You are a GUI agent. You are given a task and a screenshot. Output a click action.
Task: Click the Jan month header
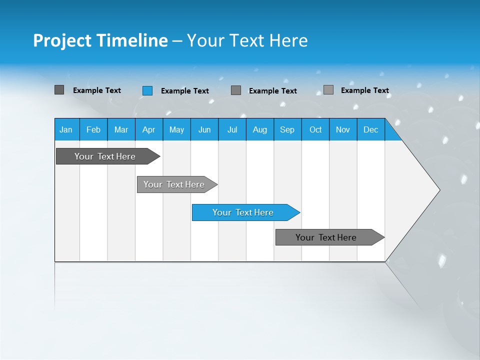[x=66, y=129]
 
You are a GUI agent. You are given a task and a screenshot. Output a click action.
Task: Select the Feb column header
[x=93, y=129]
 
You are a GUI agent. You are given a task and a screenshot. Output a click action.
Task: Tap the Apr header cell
[x=148, y=129]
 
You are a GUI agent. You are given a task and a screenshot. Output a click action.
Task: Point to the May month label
[x=176, y=129]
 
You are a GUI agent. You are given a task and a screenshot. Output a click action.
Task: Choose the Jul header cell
[x=232, y=129]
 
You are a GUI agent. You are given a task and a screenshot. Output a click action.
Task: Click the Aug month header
[x=259, y=129]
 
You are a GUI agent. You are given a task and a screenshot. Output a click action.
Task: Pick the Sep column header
[x=287, y=129]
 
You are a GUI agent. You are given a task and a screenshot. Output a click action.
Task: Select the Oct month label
[x=315, y=129]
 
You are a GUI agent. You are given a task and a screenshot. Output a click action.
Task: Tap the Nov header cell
[x=343, y=129]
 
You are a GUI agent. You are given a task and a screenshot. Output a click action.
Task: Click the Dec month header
[x=370, y=129]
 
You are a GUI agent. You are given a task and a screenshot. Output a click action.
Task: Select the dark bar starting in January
[x=105, y=156]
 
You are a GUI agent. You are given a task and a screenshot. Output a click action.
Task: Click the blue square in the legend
[x=147, y=90]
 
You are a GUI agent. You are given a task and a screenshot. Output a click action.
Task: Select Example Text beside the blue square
[x=184, y=91]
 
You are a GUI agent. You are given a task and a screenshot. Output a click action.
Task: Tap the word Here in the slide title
[x=288, y=40]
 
